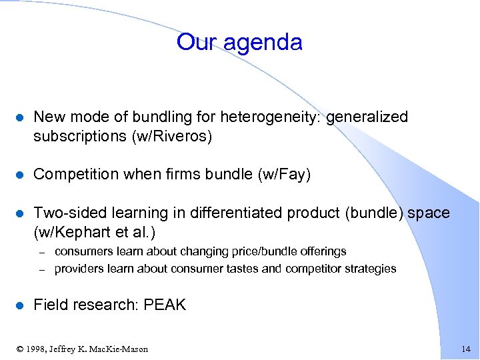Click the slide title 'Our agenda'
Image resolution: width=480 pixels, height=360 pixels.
239,42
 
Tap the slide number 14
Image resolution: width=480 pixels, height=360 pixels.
465,349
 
